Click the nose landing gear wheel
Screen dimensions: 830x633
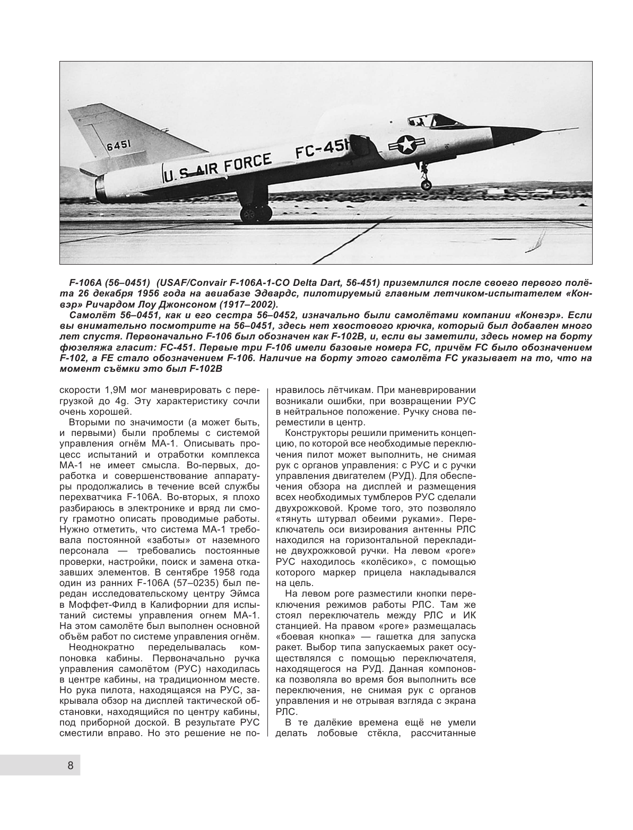pyautogui.click(x=426, y=185)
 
